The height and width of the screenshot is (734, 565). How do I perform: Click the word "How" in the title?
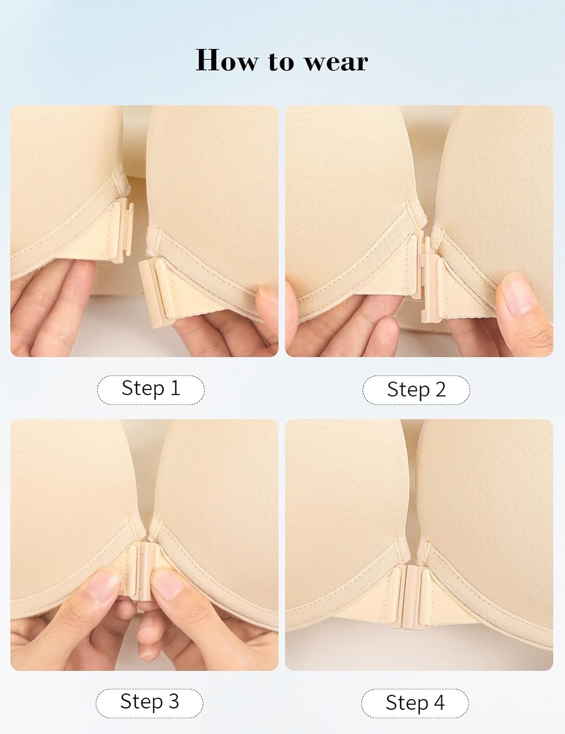226,61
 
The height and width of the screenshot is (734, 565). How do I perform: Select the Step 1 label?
150,389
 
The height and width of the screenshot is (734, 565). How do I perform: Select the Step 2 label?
416,390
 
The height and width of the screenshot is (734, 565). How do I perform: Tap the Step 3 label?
149,702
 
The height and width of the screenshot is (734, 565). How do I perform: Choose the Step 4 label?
415,703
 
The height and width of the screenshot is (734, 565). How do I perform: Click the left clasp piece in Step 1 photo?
121,230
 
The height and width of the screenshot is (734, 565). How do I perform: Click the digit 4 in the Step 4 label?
439,703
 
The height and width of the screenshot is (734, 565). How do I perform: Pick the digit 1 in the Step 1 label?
175,389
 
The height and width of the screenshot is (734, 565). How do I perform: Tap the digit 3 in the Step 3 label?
173,702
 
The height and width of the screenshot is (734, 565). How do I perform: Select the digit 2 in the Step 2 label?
440,390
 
